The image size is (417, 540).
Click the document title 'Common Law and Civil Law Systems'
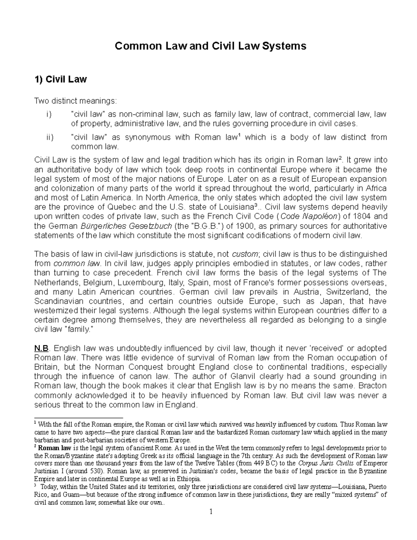point(211,46)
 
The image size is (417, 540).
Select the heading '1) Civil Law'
point(60,80)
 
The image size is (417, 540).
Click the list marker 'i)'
point(48,114)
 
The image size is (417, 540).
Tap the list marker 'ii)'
point(49,137)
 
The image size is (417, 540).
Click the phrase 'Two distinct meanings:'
point(76,101)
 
